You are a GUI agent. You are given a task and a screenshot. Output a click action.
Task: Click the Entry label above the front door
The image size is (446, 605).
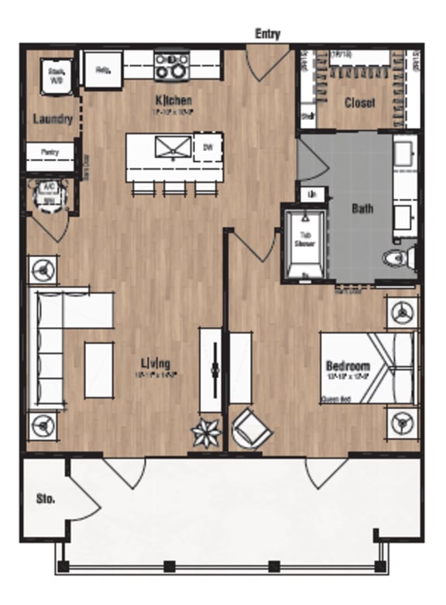pyautogui.click(x=267, y=34)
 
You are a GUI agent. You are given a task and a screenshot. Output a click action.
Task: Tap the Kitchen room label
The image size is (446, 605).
pyautogui.click(x=173, y=101)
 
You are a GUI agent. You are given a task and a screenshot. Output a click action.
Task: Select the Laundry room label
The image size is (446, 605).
pyautogui.click(x=53, y=119)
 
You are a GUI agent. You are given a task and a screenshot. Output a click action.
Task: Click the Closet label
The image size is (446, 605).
pyautogui.click(x=360, y=103)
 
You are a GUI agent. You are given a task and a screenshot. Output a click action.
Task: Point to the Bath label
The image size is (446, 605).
pyautogui.click(x=362, y=208)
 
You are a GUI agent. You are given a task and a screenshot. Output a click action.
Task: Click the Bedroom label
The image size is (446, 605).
pyautogui.click(x=348, y=366)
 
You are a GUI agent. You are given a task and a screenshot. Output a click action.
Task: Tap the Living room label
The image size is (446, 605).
pyautogui.click(x=156, y=364)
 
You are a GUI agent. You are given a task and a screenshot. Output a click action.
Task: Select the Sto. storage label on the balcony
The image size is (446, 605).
pyautogui.click(x=45, y=499)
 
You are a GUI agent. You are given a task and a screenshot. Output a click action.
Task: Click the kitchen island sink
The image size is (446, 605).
pyautogui.click(x=172, y=147)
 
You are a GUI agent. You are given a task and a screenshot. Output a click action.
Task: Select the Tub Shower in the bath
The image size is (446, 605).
pyautogui.click(x=304, y=242)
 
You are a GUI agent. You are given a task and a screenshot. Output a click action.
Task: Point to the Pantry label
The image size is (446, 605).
pyautogui.click(x=52, y=153)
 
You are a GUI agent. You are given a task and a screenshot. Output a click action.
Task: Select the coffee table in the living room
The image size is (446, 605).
pyautogui.click(x=99, y=370)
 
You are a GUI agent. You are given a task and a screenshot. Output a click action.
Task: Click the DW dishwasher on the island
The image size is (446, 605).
pyautogui.click(x=208, y=147)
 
